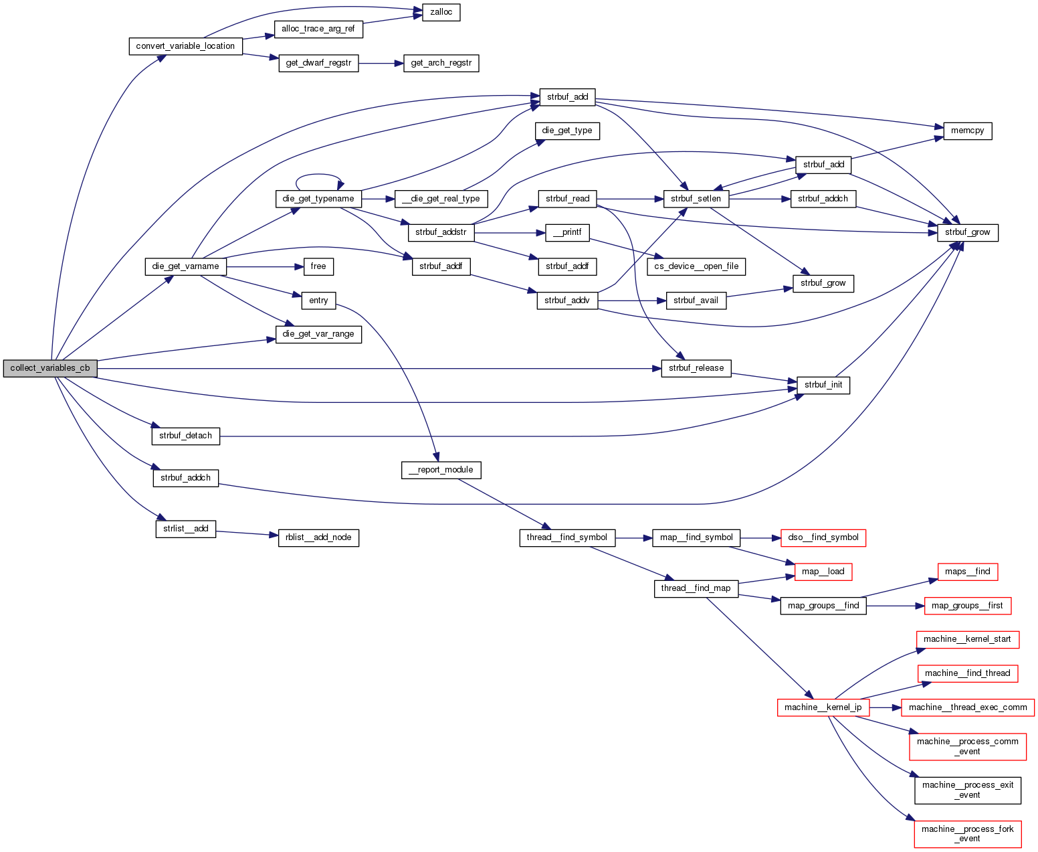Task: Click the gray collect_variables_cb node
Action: (50, 368)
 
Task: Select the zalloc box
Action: (441, 12)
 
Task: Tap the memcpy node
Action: (967, 131)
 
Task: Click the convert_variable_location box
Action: (185, 46)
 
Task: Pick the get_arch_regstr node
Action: (441, 64)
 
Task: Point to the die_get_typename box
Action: (318, 199)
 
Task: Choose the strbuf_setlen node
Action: (696, 199)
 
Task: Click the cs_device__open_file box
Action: (696, 266)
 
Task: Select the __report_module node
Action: (441, 470)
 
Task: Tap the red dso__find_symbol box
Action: (823, 537)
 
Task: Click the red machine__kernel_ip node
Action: (823, 707)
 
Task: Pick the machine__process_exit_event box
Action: (968, 790)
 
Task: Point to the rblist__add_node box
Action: (318, 537)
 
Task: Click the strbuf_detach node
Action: (185, 436)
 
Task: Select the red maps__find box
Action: (967, 572)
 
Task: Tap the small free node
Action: (318, 266)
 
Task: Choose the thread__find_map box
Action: (696, 588)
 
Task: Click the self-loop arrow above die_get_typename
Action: (319, 175)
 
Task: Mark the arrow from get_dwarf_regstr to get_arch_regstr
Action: (381, 64)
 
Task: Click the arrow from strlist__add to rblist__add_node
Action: (247, 533)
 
